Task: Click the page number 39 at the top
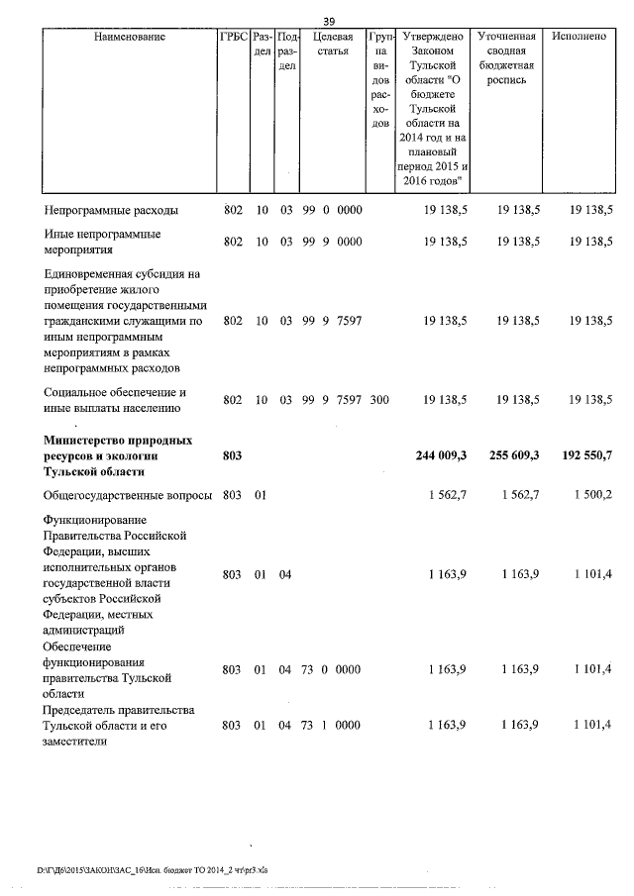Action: point(330,21)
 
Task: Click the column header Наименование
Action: point(130,37)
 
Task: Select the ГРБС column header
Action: point(233,37)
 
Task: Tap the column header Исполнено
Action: point(580,37)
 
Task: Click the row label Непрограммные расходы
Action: point(111,210)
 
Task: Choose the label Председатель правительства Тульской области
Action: point(118,726)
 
